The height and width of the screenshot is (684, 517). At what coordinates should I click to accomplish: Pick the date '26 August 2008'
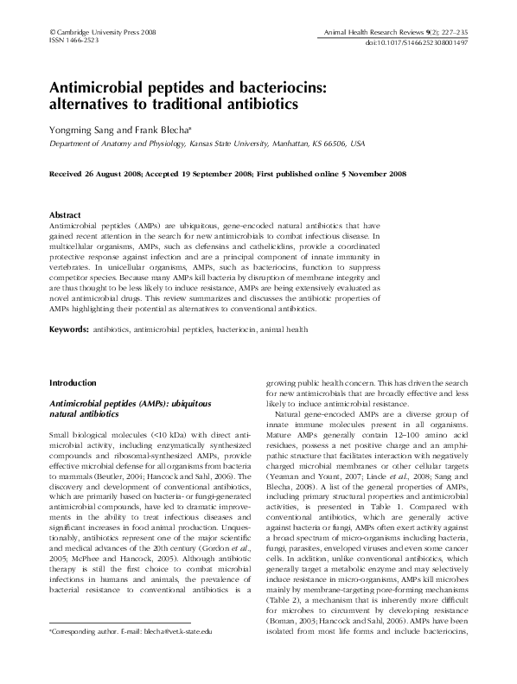tap(114, 173)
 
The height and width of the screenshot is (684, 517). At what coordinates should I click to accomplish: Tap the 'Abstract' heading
tap(66, 214)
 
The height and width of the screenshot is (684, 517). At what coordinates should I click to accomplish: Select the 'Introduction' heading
tap(73, 381)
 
